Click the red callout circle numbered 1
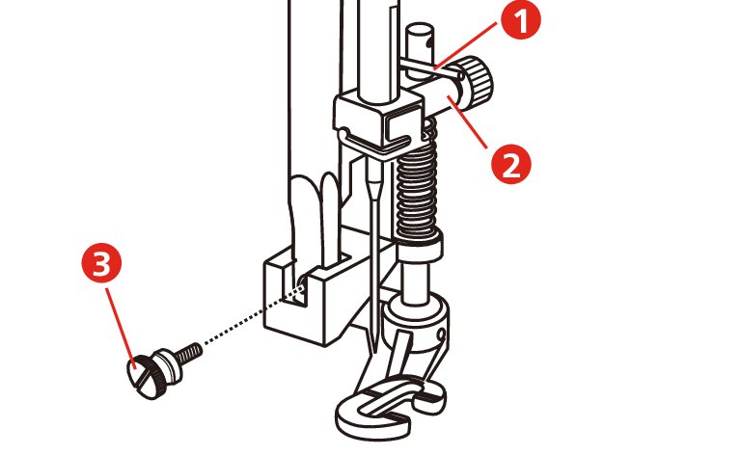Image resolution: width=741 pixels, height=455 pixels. click(521, 19)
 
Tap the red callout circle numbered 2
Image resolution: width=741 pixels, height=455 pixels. click(510, 164)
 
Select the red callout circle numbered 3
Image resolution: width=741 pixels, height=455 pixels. click(101, 262)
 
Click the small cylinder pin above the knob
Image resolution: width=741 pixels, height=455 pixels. click(420, 41)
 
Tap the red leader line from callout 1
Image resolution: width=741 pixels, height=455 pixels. click(467, 45)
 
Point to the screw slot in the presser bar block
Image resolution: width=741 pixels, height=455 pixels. click(293, 284)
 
